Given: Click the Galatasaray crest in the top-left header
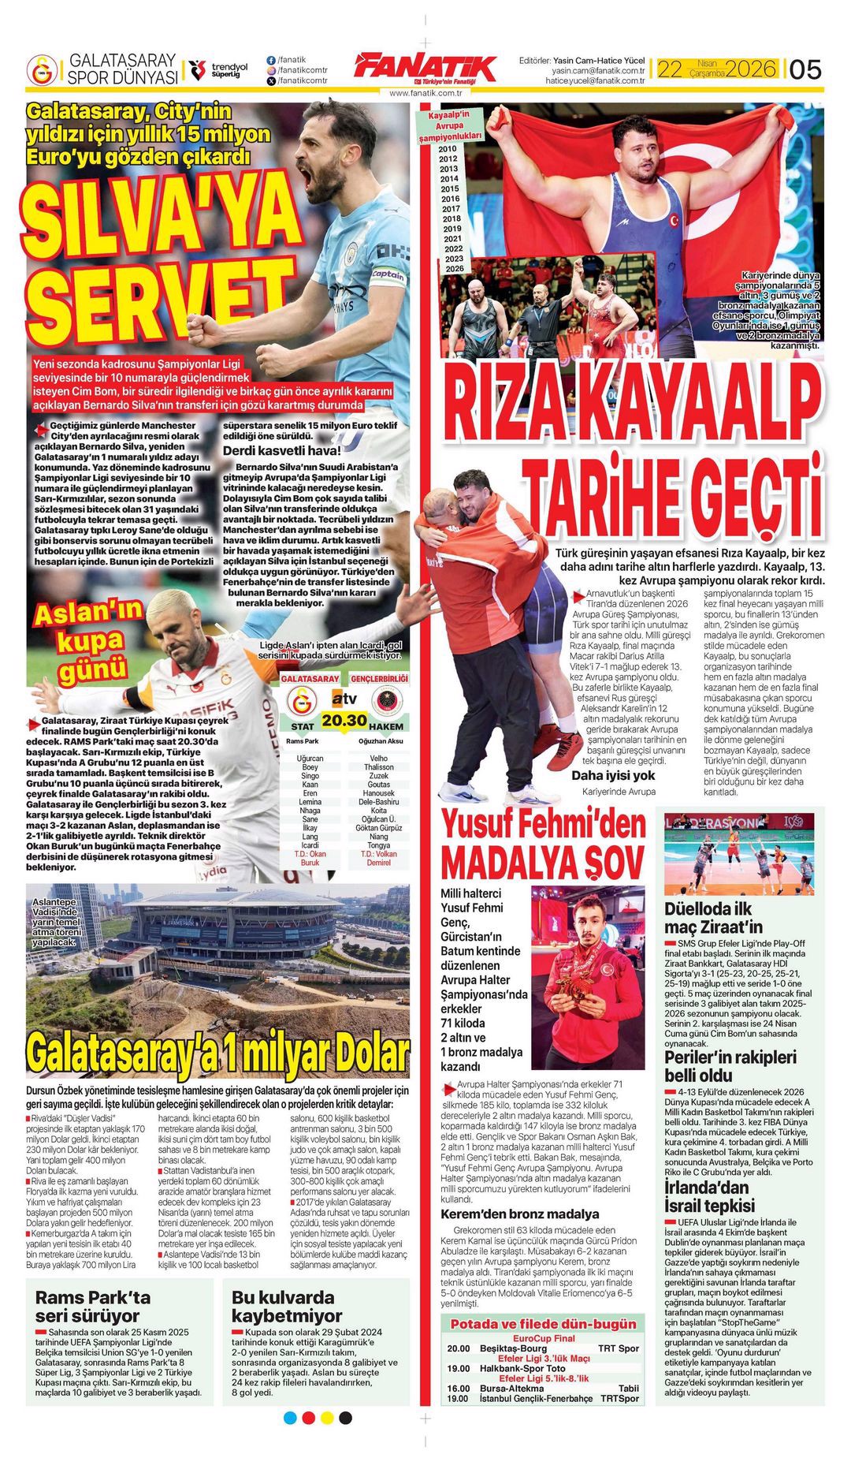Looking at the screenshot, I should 42,69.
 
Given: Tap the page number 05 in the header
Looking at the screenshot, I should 805,69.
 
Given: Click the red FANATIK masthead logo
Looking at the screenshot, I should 425,68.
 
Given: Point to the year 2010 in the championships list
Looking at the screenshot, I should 448,148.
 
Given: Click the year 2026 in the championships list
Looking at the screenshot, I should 454,269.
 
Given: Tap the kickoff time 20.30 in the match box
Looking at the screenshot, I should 344,720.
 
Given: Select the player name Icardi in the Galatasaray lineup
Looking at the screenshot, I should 310,845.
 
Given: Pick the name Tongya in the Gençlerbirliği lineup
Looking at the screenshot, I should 378,845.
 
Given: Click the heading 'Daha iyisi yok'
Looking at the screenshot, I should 613,775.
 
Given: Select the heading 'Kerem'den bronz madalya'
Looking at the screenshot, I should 519,1214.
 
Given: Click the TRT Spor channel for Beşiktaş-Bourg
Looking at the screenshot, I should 619,1348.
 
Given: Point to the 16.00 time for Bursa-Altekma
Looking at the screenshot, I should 459,1388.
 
